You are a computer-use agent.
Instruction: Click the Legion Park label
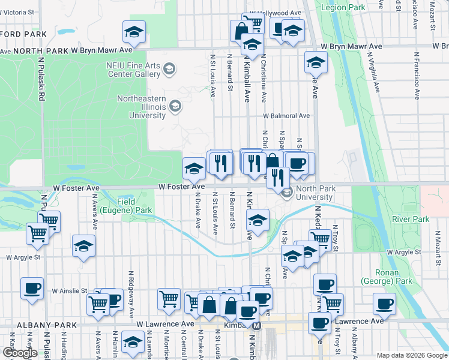pos(343,8)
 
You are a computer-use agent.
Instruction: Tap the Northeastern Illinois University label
pos(141,107)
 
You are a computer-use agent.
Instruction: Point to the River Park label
pos(411,220)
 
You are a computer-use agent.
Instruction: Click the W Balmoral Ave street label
pos(286,116)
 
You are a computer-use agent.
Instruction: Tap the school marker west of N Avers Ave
pos(83,246)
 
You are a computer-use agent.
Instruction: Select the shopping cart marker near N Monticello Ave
pos(169,298)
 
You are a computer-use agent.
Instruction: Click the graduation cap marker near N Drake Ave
pos(193,169)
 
